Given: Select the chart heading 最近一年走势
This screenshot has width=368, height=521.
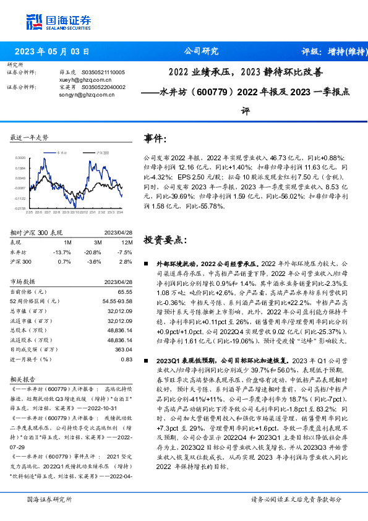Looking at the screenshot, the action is coord(30,137).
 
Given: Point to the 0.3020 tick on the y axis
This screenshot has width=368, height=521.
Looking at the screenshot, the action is coord(20,157).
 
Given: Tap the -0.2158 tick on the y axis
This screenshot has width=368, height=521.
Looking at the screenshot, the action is coord(20,209).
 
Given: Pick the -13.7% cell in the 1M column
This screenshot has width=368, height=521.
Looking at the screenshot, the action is coord(63,252).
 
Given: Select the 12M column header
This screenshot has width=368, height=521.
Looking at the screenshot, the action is coord(126,243).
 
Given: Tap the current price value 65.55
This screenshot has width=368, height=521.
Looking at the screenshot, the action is coord(125,291).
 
